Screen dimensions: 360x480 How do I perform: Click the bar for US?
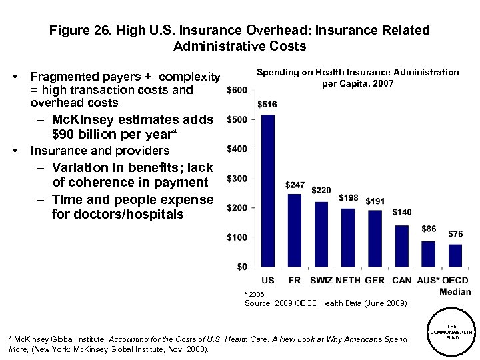[x=268, y=191]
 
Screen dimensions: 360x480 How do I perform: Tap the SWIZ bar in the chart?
[x=321, y=234]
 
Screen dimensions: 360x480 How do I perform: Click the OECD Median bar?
[x=455, y=255]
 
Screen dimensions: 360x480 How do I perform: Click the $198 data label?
[x=348, y=198]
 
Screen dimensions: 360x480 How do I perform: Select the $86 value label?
[x=429, y=229]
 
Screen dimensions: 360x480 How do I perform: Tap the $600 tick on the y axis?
[x=237, y=90]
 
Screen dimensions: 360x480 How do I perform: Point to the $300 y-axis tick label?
[x=237, y=179]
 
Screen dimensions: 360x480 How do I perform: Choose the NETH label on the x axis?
[x=348, y=281]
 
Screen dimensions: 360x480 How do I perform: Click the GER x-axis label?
[x=375, y=281]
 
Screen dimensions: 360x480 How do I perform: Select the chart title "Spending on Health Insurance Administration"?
[x=357, y=72]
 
